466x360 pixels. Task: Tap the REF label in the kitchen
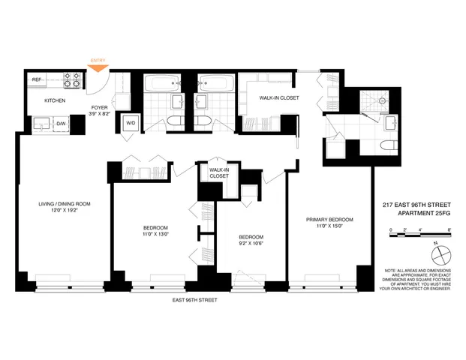tap(35, 79)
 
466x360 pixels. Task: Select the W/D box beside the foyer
tap(129, 122)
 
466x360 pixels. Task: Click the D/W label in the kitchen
tap(62, 122)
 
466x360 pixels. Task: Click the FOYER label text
tap(100, 106)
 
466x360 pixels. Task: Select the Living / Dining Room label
tap(65, 204)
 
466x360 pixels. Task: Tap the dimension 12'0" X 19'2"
tap(65, 211)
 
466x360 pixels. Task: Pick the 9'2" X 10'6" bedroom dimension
tap(251, 242)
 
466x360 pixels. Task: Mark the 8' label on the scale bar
tap(449, 229)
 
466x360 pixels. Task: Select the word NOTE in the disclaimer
tap(392, 269)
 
